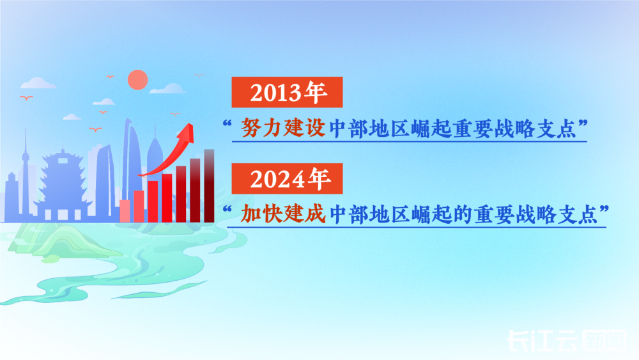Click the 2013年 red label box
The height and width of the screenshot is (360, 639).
pos(287,92)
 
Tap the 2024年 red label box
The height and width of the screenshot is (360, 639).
pos(287,178)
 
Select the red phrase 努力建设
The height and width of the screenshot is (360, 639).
pos(283,128)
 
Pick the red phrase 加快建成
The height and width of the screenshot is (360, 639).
pos(283,213)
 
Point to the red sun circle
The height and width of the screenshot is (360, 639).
pos(138,79)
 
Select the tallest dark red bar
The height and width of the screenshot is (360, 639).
pos(209,186)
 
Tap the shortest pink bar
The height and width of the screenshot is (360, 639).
pos(125,211)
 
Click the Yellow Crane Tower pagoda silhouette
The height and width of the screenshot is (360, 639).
pos(63,184)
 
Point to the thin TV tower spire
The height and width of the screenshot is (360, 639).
pos(26,171)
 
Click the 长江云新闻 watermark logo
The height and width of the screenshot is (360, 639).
pos(567,340)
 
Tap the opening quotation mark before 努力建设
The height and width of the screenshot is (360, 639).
pos(227,123)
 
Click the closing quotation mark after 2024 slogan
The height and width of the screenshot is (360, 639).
pos(604,208)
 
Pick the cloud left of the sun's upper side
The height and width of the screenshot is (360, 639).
pos(38,83)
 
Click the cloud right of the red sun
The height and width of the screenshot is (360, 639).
pos(168,88)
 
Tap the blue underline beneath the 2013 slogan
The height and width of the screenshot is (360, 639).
pos(409,141)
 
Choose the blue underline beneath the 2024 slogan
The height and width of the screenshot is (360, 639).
pos(417,227)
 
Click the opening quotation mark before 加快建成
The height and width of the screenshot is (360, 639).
pos(227,209)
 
